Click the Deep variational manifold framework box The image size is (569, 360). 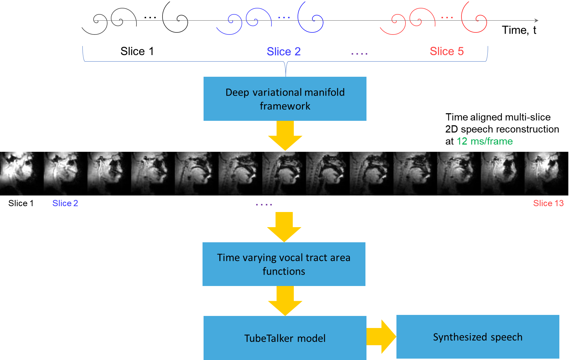pos(285,99)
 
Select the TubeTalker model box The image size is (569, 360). pos(285,338)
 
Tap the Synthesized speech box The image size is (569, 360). pos(478,337)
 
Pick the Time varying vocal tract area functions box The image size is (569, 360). pos(284,264)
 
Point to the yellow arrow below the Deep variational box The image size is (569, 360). pos(285,135)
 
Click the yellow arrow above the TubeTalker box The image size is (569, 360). pos(285,300)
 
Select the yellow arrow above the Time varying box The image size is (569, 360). pos(284,227)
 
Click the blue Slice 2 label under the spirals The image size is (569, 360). pos(283,52)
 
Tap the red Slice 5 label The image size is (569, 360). pos(447,51)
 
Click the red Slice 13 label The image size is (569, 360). pos(548,203)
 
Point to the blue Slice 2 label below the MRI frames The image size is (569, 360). pos(65,203)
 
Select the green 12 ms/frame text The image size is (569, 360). pos(485,141)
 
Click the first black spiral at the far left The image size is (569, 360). pos(94,24)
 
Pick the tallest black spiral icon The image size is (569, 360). pos(175,17)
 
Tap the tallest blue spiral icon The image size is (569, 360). pos(310,17)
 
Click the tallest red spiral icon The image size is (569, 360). pos(474,17)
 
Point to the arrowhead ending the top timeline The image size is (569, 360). pos(536,21)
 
